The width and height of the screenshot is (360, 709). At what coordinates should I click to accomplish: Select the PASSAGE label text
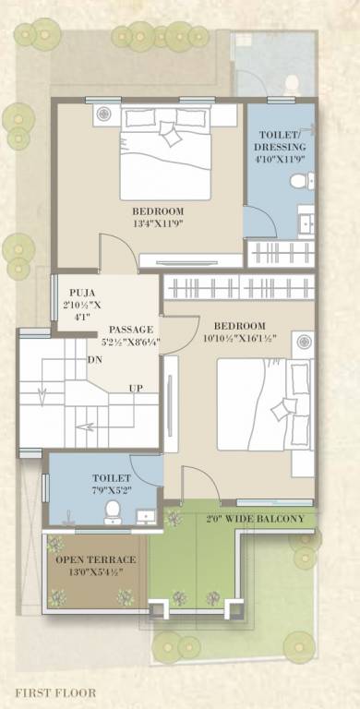click(130, 330)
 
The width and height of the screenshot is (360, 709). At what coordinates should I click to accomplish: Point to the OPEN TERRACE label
click(95, 560)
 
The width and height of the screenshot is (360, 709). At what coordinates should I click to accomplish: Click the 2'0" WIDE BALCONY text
click(254, 519)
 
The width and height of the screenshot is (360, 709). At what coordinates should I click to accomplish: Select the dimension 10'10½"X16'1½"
click(240, 340)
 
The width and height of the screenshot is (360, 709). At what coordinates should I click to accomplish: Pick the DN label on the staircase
click(95, 359)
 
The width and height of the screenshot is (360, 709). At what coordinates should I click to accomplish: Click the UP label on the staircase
click(136, 387)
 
